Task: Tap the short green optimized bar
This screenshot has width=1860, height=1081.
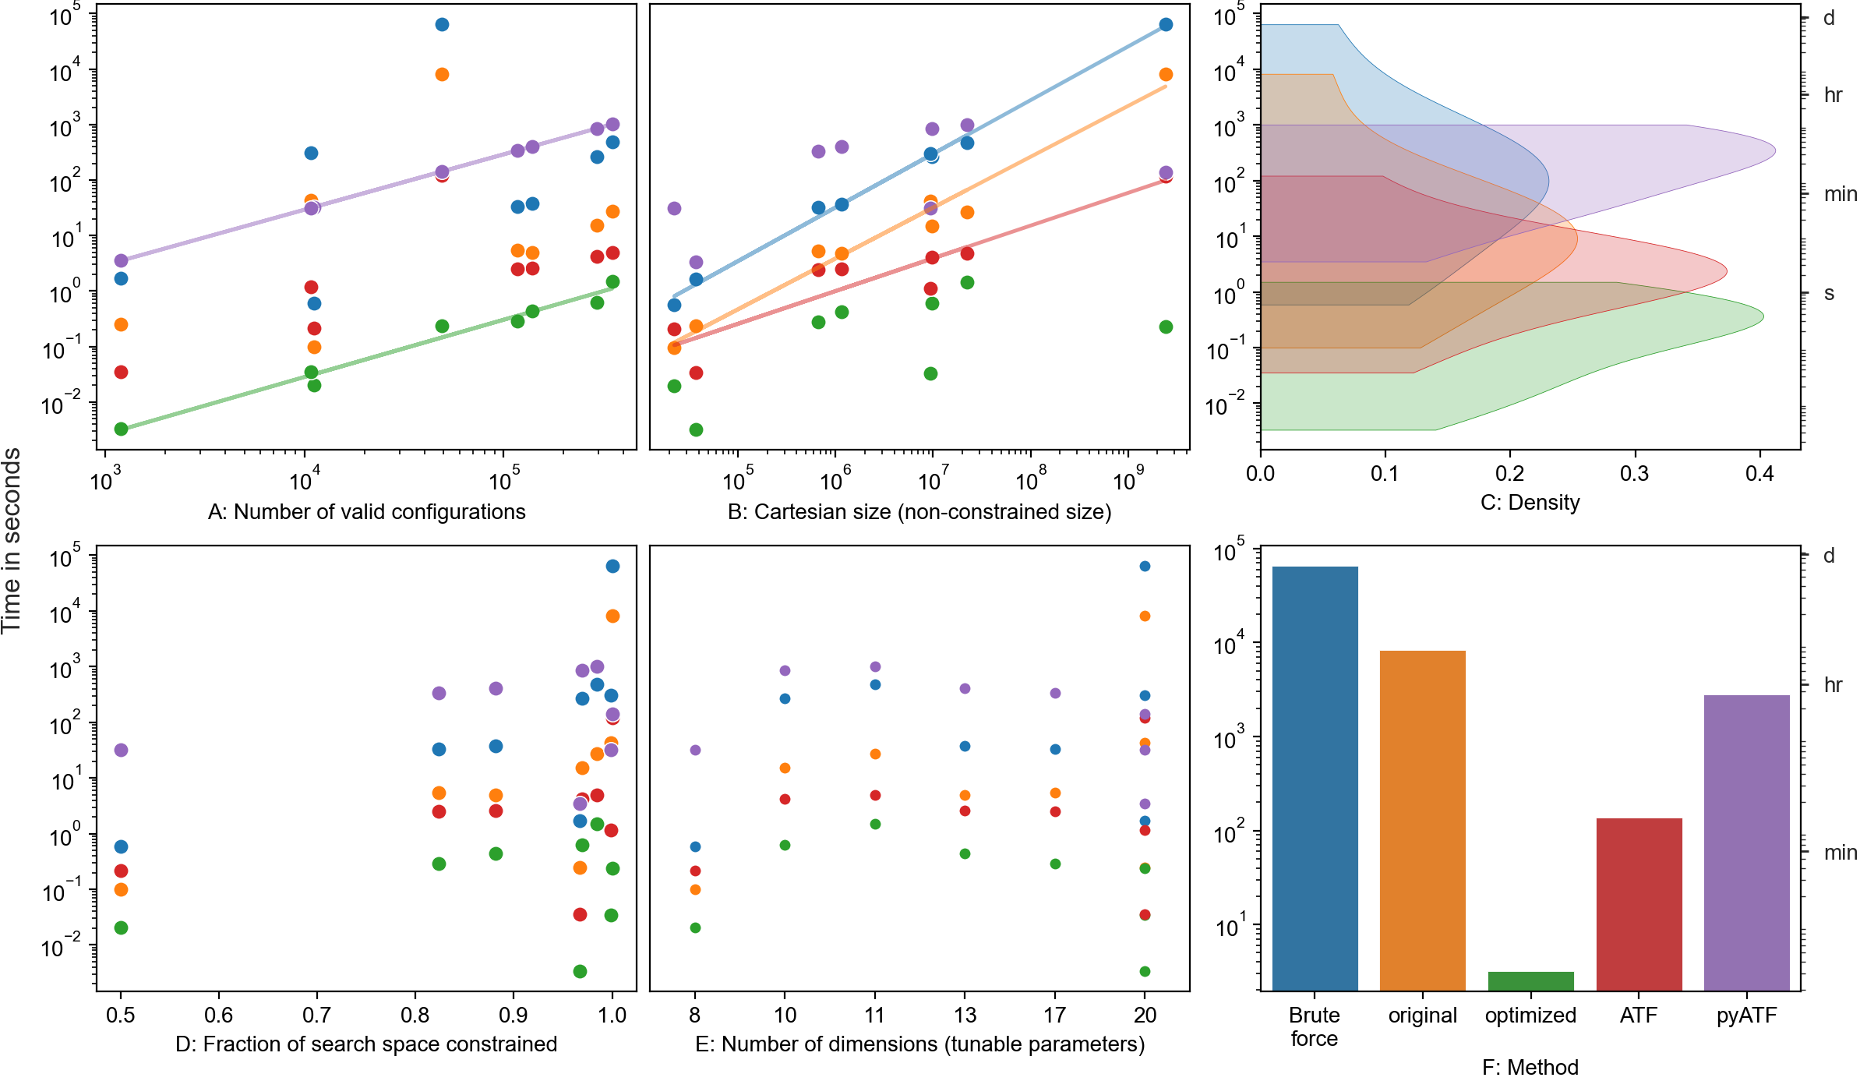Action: [x=1530, y=981]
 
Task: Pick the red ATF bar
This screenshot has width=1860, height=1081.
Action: [x=1639, y=904]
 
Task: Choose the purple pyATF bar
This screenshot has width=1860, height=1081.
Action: [x=1746, y=842]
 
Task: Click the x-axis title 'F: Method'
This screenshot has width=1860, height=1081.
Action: [x=1530, y=1067]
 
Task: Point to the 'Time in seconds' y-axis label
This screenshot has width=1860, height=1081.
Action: [x=12, y=540]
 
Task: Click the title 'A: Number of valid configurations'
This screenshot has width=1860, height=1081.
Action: [x=366, y=512]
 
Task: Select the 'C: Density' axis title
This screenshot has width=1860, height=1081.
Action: [x=1530, y=503]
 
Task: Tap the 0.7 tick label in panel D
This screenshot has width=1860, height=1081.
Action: [x=316, y=1016]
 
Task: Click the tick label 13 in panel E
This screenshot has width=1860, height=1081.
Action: [x=965, y=1016]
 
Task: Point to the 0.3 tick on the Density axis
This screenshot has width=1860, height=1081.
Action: [x=1634, y=474]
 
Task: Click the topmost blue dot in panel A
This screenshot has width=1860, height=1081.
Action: [x=442, y=24]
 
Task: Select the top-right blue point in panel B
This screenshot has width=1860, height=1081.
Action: [x=1166, y=24]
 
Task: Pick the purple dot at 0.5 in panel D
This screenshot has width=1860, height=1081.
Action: [x=121, y=750]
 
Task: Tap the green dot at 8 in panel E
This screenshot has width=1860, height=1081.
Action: [x=695, y=927]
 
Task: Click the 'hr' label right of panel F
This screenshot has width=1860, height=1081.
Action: [x=1833, y=685]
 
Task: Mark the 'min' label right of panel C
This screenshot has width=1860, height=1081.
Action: [x=1840, y=194]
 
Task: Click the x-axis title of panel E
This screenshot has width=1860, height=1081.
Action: [x=919, y=1044]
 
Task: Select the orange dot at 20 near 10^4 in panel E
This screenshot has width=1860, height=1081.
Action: [x=1145, y=616]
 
